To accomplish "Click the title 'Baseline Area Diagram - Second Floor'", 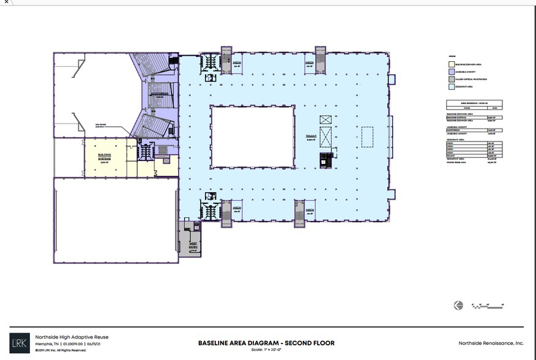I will coord(266,343).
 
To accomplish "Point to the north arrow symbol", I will coord(458,305).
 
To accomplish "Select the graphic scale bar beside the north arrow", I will coord(488,305).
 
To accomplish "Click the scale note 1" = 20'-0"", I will coord(266,350).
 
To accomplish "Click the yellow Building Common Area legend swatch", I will coord(451,62).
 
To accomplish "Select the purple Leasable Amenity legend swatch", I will coord(451,70).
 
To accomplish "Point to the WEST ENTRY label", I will coord(192,245).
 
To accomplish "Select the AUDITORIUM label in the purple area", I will coord(160,95).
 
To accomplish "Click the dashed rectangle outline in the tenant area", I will coord(367,136).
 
